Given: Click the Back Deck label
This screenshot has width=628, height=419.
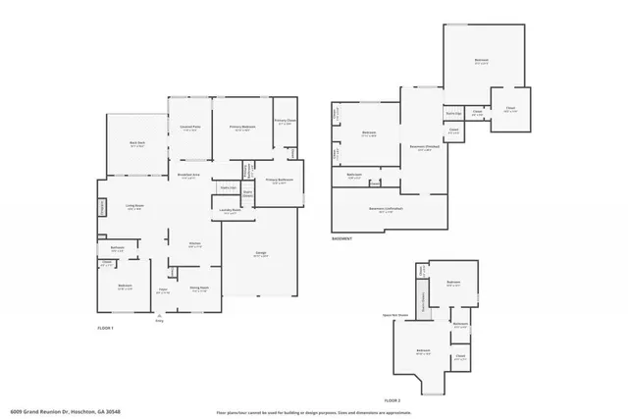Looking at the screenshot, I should tap(136, 143).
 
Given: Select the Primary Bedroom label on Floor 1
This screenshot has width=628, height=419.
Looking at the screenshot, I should tap(241, 128).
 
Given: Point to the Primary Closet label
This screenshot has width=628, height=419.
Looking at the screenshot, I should tap(285, 123).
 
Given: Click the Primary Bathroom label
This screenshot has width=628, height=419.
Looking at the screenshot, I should tap(280, 182).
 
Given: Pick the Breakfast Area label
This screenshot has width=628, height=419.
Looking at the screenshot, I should tap(189, 176).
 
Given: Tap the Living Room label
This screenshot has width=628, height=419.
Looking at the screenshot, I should tap(134, 206).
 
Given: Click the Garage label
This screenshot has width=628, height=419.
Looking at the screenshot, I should tap(261, 254).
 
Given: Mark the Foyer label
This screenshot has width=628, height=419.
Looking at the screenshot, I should tap(164, 290).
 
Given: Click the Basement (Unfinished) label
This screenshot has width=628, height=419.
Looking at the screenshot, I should tap(387, 208).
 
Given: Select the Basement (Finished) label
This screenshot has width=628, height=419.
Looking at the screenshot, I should tap(423, 149).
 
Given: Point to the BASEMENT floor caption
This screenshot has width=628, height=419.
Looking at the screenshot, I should tap(342, 238).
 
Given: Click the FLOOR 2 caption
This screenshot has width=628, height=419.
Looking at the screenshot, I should tap(392, 401).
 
